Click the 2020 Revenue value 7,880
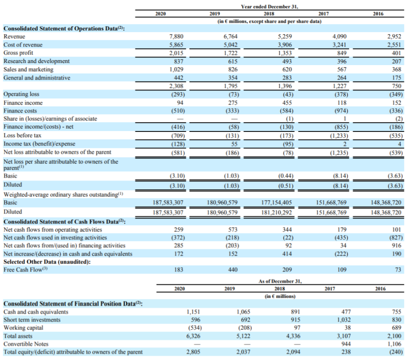176,36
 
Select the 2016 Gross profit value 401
396,53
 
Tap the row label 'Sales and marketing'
28,69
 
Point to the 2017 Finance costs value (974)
341,111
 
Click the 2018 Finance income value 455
287,103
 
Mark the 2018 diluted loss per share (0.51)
286,186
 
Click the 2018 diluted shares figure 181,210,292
277,213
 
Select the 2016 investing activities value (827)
396,237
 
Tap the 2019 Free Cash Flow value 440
233,270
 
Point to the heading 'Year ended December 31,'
269,7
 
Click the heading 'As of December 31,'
280,281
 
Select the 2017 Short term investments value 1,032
344,320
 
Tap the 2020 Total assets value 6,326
193,336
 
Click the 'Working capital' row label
23,328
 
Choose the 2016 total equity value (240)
396,352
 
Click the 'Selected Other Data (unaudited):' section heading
47,262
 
